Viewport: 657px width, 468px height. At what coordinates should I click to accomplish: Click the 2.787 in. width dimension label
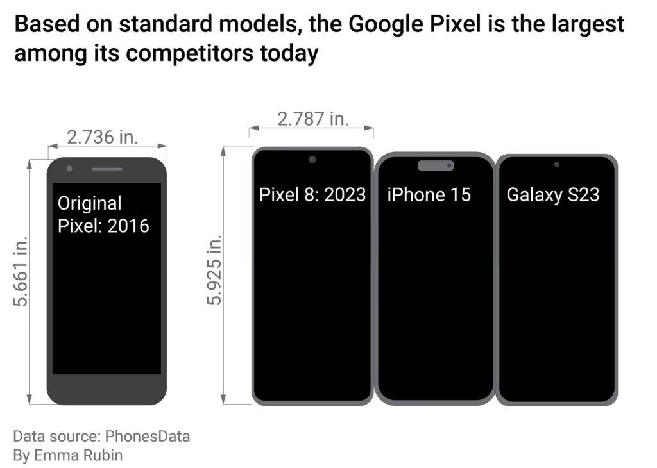pyautogui.click(x=312, y=119)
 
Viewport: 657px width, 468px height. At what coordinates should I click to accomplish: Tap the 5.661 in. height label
pyautogui.click(x=21, y=273)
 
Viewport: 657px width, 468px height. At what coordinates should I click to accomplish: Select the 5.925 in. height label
pyautogui.click(x=214, y=269)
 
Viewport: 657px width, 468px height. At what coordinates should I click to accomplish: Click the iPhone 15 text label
pyautogui.click(x=429, y=194)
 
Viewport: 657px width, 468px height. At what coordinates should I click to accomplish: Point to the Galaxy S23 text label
pyautogui.click(x=553, y=194)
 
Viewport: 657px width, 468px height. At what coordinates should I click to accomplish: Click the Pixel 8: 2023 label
pyautogui.click(x=312, y=194)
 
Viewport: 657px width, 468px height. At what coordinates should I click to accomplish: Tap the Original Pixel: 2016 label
pyautogui.click(x=103, y=214)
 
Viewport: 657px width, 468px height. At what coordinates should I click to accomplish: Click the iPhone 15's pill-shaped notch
pyautogui.click(x=436, y=165)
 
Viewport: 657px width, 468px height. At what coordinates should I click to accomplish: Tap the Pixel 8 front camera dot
pyautogui.click(x=312, y=160)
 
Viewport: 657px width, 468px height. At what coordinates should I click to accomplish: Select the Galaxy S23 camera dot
pyautogui.click(x=556, y=165)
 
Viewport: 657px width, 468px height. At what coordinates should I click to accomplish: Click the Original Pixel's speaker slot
pyautogui.click(x=107, y=169)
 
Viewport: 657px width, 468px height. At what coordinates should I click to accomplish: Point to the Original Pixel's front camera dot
pyautogui.click(x=69, y=169)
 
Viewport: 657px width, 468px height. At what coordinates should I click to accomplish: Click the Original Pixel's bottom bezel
pyautogui.click(x=107, y=389)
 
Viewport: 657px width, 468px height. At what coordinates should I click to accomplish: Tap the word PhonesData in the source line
pyautogui.click(x=148, y=437)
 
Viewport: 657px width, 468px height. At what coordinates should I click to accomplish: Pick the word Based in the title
pyautogui.click(x=40, y=24)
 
